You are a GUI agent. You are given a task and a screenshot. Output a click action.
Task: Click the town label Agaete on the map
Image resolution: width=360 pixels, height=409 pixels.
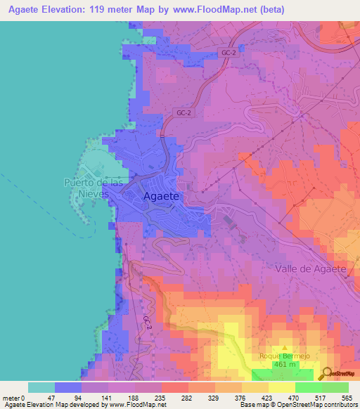(163, 197)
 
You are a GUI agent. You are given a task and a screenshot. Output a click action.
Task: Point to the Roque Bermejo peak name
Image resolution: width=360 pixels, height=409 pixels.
(284, 356)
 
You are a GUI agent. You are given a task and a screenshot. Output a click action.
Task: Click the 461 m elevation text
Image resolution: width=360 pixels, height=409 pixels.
(284, 365)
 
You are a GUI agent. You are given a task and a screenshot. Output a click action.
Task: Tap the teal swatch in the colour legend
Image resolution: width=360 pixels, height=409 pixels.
(41, 387)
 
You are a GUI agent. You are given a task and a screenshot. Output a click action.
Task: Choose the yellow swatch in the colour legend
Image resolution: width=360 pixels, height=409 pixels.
(281, 387)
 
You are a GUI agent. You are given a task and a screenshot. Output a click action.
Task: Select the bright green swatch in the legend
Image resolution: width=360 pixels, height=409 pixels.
(308, 387)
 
